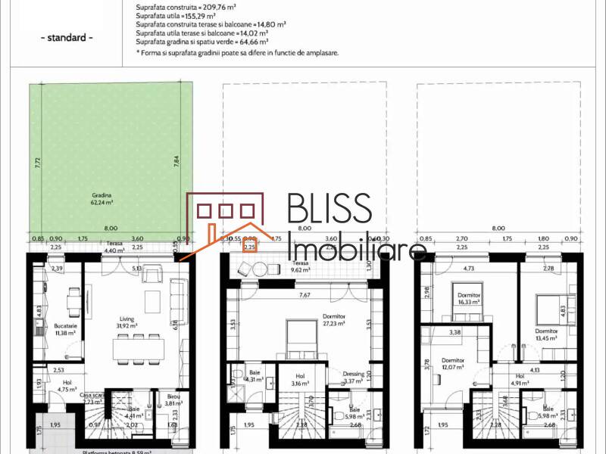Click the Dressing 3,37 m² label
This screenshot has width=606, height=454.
coord(354,377)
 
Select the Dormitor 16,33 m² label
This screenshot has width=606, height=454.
coord(461,297)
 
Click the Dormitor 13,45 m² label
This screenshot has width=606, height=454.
coord(545,334)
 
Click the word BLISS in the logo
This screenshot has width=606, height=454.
coord(330,210)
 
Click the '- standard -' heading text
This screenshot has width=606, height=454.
coord(66,38)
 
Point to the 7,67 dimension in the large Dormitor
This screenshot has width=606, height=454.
coord(305,295)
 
